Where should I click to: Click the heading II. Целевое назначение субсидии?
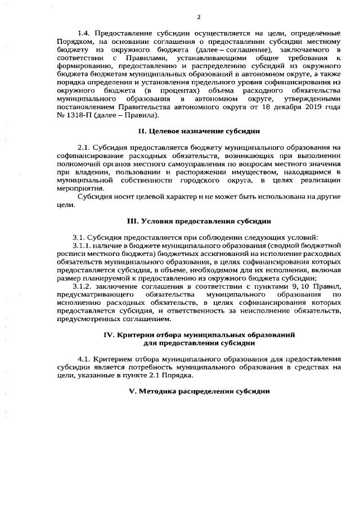coord(199,131)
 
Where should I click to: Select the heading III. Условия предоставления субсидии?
coord(199,220)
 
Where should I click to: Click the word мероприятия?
coord(79,188)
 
